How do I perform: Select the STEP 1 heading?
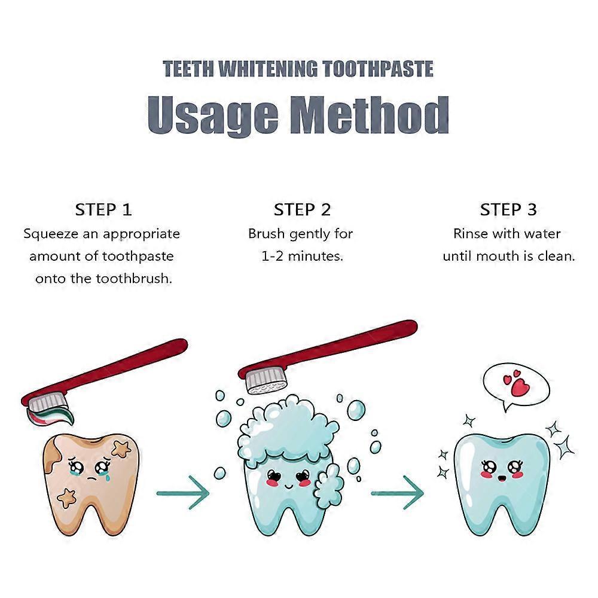click(x=103, y=210)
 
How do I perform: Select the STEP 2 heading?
click(x=302, y=210)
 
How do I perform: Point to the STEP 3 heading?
click(x=508, y=210)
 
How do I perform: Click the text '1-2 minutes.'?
click(x=302, y=256)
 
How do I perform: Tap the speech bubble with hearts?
click(x=516, y=384)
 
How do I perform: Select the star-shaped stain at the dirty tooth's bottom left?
click(x=66, y=496)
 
